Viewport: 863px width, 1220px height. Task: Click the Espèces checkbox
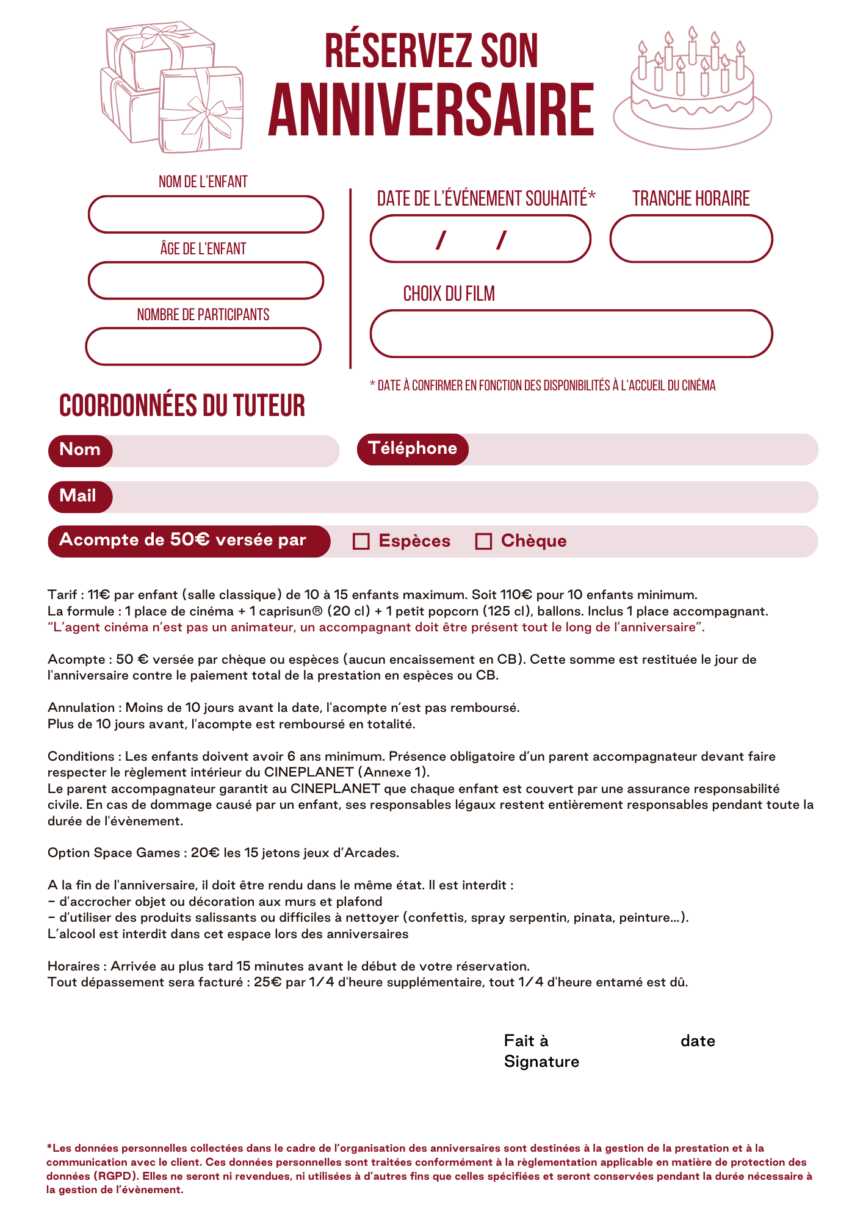[x=361, y=541]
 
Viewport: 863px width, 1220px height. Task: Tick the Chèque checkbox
[x=483, y=541]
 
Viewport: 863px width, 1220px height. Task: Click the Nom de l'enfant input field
[x=206, y=214]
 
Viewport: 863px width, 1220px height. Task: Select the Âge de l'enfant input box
[x=206, y=281]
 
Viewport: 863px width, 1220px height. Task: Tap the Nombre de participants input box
[x=203, y=346]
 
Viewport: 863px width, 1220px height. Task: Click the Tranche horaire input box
[x=691, y=239]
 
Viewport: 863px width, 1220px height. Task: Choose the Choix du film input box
[x=571, y=334]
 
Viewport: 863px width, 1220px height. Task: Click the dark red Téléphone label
[x=413, y=449]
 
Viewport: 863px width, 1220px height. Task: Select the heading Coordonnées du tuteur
[x=182, y=406]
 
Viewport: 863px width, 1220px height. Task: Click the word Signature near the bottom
[x=541, y=1061]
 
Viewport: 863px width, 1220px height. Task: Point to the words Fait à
[x=526, y=1041]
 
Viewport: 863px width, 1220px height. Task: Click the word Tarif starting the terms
[x=62, y=595]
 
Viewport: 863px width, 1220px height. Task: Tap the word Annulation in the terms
[x=81, y=708]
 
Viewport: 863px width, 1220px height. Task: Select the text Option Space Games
[x=114, y=853]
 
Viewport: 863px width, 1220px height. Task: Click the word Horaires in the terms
[x=74, y=966]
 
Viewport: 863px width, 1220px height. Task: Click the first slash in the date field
[x=441, y=240]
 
